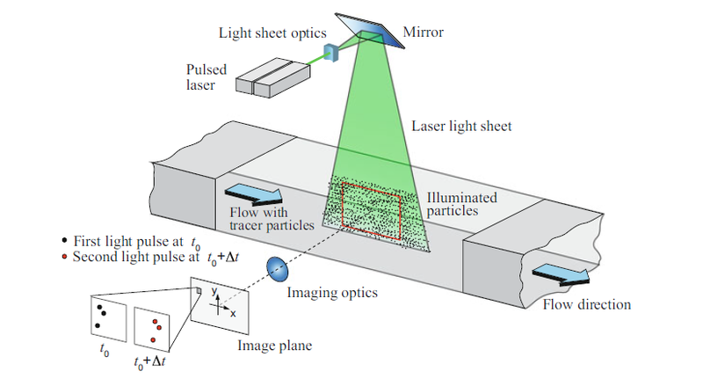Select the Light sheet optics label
tap(266, 33)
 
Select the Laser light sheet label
tap(461, 127)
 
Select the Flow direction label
tap(586, 305)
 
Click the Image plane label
tap(273, 345)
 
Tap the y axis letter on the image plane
tap(213, 291)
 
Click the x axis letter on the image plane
tap(234, 312)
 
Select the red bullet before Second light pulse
tap(63, 258)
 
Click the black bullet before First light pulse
tap(63, 240)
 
